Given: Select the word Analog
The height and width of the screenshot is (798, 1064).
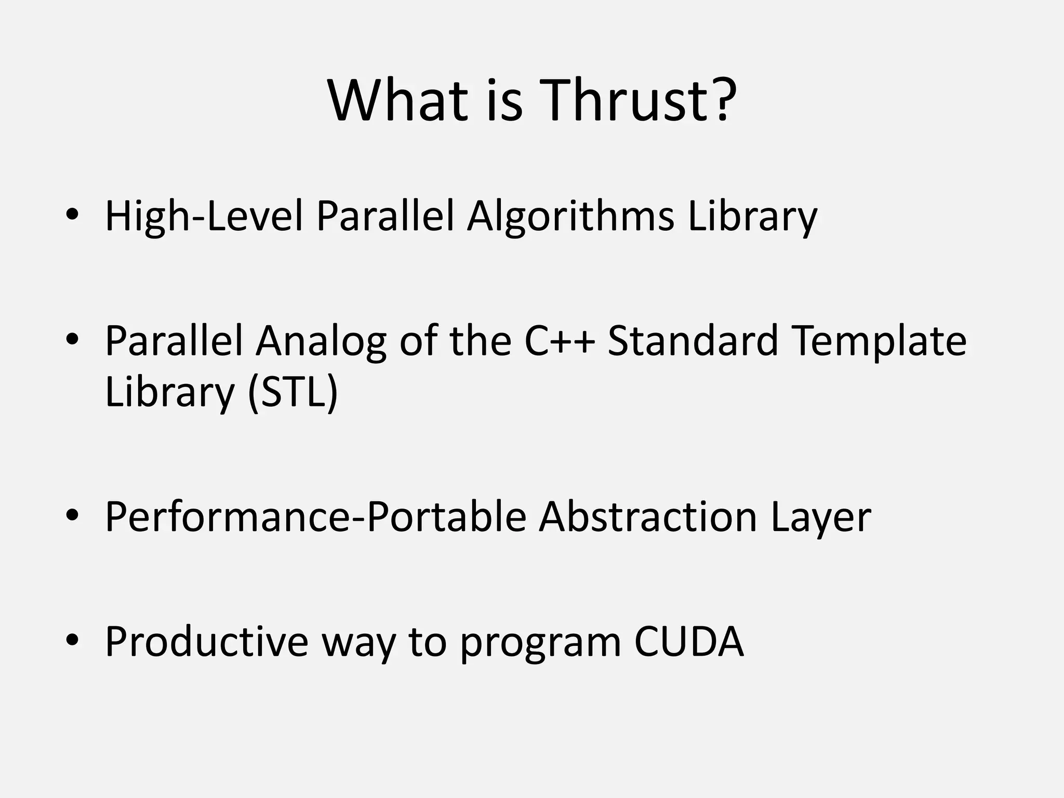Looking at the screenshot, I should click(321, 341).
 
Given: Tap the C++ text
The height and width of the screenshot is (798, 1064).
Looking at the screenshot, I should click(559, 341).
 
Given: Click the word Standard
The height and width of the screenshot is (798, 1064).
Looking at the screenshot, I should click(693, 341).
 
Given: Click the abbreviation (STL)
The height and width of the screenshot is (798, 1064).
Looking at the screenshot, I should click(293, 392).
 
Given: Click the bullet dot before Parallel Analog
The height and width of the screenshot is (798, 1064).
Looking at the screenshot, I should click(72, 339).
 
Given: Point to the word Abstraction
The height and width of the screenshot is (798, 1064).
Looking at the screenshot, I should click(647, 517).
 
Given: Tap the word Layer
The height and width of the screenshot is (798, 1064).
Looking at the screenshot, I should click(821, 517).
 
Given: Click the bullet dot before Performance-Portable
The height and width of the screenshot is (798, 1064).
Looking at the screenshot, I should click(72, 515).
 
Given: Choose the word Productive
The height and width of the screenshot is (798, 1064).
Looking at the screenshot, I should click(207, 642).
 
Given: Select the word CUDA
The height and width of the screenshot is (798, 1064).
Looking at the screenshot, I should click(689, 642).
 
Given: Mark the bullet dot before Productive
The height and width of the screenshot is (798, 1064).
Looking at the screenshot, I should click(72, 641).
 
